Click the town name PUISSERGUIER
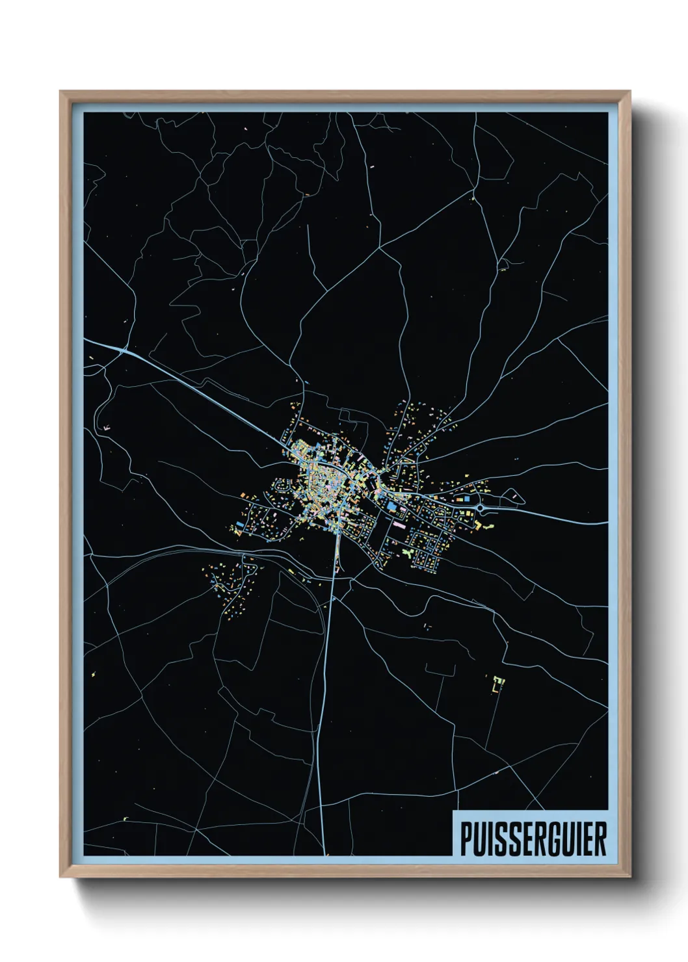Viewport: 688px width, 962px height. tap(533, 838)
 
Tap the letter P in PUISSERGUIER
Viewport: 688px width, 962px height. tap(466, 838)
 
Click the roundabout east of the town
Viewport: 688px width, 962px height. tap(481, 507)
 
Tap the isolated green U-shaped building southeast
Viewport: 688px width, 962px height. tap(499, 682)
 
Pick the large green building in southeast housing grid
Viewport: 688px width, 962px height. tap(407, 552)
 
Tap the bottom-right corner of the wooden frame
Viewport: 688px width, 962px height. tap(630, 877)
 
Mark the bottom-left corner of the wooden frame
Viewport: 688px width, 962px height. tap(60, 877)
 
